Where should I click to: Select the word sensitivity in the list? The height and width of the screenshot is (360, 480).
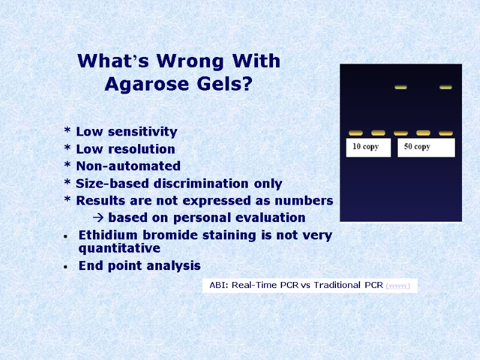[143, 131]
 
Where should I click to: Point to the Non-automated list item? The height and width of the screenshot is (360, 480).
[128, 166]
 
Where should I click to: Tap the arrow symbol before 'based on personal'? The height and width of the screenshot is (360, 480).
[100, 217]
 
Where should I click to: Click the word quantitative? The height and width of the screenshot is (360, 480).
[119, 248]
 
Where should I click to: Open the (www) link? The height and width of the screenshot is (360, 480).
[398, 286]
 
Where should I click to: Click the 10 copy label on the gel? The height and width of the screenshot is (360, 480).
[365, 147]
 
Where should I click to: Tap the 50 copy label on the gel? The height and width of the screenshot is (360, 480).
[417, 147]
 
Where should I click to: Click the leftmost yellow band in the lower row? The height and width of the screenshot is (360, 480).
[356, 133]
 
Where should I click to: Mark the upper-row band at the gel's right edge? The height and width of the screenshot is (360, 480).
[445, 88]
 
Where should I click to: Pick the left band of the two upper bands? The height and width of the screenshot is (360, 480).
[401, 88]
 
